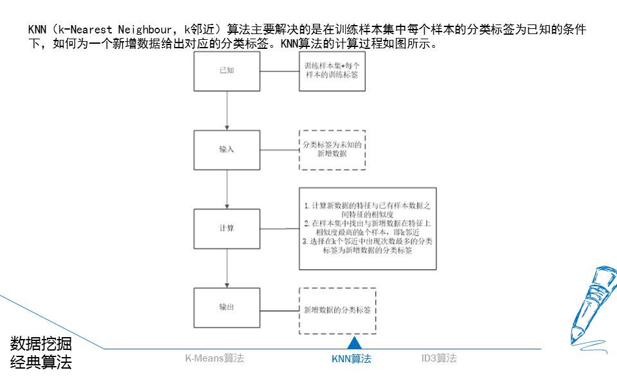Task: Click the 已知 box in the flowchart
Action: pos(227,71)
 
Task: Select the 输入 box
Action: pos(227,149)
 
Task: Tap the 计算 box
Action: pos(227,228)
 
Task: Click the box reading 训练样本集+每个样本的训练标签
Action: pos(331,71)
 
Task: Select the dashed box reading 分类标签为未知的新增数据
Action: pos(332,150)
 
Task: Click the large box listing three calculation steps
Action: pos(368,228)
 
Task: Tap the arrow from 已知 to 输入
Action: pos(227,111)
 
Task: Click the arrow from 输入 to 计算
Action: pos(227,189)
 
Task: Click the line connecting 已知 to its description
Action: pos(280,71)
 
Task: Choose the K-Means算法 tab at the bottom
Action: pos(215,358)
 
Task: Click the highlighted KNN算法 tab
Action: pos(351,359)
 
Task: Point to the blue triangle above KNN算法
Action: pos(351,343)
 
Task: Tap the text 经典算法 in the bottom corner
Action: pos(40,363)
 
